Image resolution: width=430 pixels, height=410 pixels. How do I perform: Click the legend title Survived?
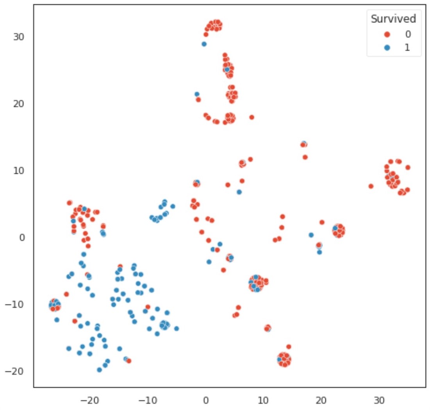coord(393,18)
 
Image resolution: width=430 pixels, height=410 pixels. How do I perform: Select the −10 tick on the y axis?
coord(16,304)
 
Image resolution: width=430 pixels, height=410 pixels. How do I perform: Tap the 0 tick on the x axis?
coord(206,400)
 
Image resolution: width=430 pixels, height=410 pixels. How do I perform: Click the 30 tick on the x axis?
coord(379,400)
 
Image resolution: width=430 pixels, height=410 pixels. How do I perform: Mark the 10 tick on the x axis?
coord(263,400)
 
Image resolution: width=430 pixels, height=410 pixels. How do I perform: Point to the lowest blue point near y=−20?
coord(99,370)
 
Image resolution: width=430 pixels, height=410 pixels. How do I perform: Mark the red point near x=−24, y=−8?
coord(66,294)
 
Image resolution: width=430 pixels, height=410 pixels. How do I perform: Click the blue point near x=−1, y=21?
coord(197,94)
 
